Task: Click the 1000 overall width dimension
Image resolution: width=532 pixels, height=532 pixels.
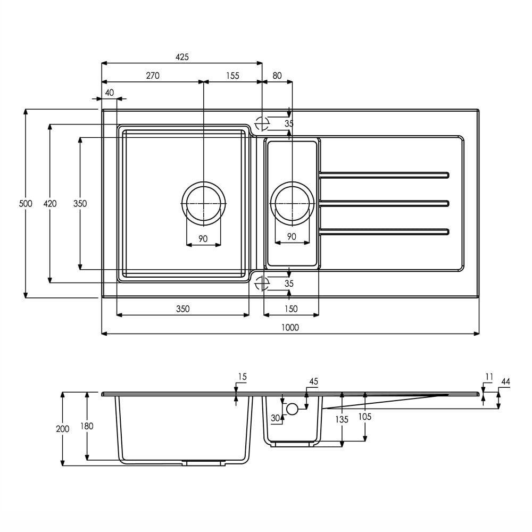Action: pos(290,327)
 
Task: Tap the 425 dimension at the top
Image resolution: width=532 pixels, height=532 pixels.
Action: pos(182,57)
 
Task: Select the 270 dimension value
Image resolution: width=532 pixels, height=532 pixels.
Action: pos(153,76)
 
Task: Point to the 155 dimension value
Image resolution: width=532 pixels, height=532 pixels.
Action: pos(233,76)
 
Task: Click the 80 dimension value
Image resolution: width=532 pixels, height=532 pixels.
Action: pos(277,76)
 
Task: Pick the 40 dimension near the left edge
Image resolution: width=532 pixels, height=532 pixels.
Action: pos(110,92)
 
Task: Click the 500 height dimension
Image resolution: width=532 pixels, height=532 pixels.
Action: pos(26,204)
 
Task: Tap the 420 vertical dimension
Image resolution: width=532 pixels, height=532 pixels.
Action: pos(50,204)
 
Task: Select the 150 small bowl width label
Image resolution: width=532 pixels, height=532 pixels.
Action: pos(291,309)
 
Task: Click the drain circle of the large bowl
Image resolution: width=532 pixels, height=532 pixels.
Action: pos(182,204)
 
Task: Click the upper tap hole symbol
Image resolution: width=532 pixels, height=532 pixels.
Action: pos(262,123)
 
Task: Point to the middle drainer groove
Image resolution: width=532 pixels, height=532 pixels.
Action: pos(384,204)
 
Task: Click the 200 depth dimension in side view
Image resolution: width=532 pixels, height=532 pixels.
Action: pos(62,429)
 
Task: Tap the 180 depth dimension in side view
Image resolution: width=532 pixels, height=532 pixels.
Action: pos(87,426)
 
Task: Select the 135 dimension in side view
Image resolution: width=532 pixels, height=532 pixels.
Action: pos(342,420)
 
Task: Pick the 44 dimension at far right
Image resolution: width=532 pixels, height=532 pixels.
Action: pos(505,381)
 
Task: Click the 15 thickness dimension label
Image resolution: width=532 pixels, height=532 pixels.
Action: pos(242,377)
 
